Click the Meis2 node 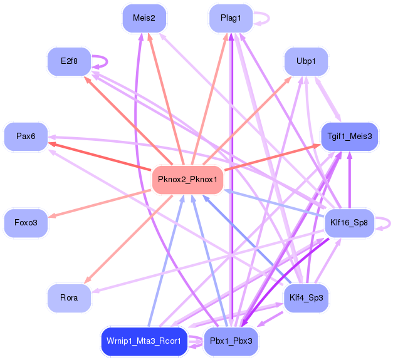click(144, 18)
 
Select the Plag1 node click(231, 18)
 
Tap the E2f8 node click(69, 61)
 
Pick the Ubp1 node click(306, 61)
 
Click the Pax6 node click(26, 136)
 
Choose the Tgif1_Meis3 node click(350, 136)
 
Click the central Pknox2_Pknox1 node click(187, 180)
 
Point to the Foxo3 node click(26, 222)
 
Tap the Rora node click(69, 297)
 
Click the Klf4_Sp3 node click(306, 297)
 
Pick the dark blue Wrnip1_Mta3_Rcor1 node click(144, 341)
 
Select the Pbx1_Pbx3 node click(231, 341)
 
